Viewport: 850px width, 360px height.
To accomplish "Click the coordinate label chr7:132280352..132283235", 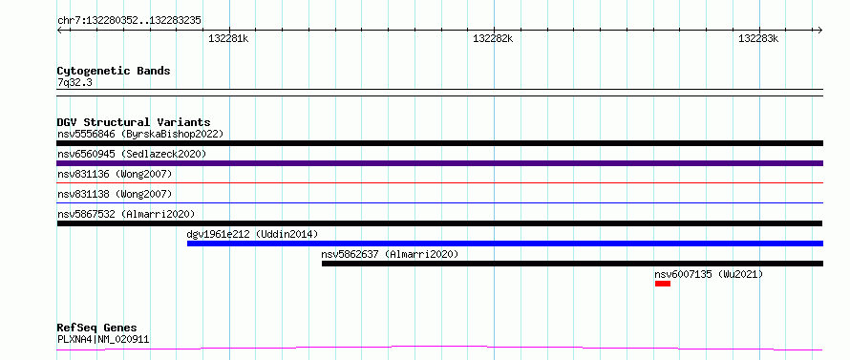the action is point(129,21).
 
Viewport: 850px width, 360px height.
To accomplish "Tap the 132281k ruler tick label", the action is point(228,38).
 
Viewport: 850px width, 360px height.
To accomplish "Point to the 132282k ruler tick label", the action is point(494,38).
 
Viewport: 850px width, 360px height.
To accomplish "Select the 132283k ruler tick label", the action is point(758,38).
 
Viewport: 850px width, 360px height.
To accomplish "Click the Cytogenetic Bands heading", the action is point(114,71).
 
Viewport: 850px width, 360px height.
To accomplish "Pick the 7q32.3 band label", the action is point(74,82).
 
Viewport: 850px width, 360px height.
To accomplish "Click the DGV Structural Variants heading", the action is point(134,122).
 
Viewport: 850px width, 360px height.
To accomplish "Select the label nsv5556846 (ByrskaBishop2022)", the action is point(140,134).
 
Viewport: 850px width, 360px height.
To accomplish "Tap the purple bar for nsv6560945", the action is point(439,163).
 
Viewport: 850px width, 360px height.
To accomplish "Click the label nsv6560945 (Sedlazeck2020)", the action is point(132,154).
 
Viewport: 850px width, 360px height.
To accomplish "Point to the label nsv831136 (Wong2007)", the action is point(115,174).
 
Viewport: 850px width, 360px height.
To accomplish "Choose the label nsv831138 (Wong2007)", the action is point(115,194).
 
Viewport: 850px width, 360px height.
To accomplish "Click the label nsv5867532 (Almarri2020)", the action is point(126,214).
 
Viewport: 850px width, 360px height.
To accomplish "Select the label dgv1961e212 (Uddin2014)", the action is point(252,234).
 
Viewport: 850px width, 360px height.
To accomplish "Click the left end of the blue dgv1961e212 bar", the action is point(187,244).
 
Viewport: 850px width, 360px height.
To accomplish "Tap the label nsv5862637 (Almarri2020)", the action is point(390,254).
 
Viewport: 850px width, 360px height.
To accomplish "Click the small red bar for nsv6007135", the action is point(663,284).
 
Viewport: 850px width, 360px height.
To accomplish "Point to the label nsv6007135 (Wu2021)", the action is point(709,274).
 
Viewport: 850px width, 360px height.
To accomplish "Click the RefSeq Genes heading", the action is point(97,328).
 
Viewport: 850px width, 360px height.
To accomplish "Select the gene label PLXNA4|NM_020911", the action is point(103,339).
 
